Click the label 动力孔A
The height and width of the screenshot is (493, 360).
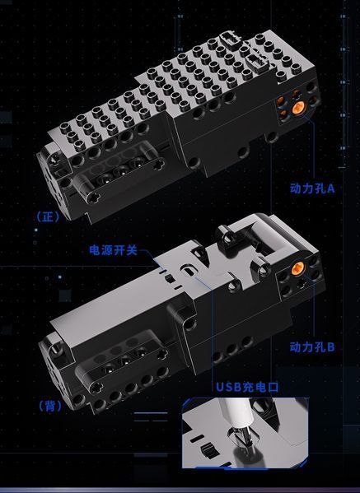click(x=312, y=188)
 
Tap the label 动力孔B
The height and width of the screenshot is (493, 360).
click(x=312, y=347)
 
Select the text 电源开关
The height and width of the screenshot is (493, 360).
click(x=114, y=250)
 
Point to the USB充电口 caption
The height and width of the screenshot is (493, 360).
click(x=247, y=387)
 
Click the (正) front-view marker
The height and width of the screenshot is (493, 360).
click(x=48, y=216)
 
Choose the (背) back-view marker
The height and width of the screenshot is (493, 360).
click(x=50, y=407)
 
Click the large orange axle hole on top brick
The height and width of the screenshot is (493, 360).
click(x=299, y=108)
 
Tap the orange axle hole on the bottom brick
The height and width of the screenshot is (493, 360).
click(x=297, y=268)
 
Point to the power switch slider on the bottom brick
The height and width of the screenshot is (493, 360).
click(x=170, y=278)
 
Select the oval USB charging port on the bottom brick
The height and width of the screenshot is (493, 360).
click(x=188, y=270)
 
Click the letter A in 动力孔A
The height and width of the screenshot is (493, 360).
click(x=330, y=188)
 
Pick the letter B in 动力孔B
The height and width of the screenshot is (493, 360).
click(x=330, y=347)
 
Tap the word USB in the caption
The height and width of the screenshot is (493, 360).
click(x=228, y=387)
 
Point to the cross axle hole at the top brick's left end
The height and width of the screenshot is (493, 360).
click(x=54, y=160)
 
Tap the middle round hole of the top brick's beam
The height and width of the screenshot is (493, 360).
click(x=120, y=172)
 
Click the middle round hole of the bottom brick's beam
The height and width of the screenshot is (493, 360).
click(x=125, y=360)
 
